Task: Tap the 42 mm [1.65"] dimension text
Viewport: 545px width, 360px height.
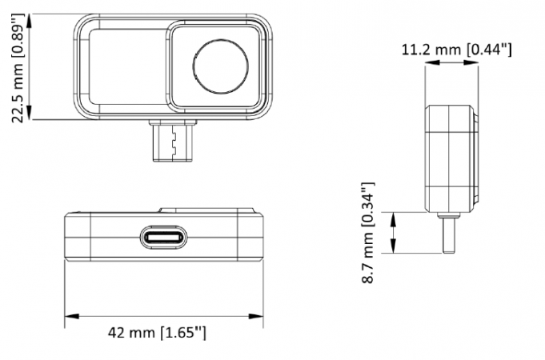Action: click(160, 331)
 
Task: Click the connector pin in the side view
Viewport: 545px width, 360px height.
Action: click(447, 233)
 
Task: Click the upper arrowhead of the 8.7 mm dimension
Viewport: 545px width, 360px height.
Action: click(392, 218)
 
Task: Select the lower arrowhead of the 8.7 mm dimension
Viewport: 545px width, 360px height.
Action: click(392, 247)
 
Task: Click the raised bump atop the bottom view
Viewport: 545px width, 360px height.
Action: click(210, 210)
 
